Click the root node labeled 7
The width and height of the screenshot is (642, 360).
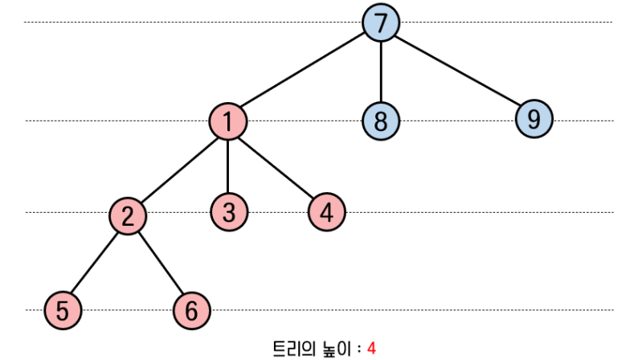click(381, 22)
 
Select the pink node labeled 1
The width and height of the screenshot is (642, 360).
click(228, 121)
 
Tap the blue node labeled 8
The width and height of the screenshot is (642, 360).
click(381, 121)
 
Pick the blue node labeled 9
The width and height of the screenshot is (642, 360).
click(534, 120)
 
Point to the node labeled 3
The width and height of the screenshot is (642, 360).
click(229, 212)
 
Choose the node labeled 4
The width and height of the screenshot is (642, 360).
click(326, 212)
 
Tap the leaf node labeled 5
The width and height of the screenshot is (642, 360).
click(63, 309)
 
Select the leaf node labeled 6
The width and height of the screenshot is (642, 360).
click(191, 309)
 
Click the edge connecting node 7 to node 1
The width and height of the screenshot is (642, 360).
click(305, 72)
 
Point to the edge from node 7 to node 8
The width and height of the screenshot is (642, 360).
click(381, 72)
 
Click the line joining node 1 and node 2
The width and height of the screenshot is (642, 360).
click(178, 168)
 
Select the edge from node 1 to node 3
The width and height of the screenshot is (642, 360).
click(229, 166)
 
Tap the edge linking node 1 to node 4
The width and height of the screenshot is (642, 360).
click(277, 166)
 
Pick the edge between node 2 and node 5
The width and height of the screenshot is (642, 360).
click(96, 262)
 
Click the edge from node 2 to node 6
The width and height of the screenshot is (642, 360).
click(160, 262)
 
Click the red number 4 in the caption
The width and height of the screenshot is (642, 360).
click(372, 348)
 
